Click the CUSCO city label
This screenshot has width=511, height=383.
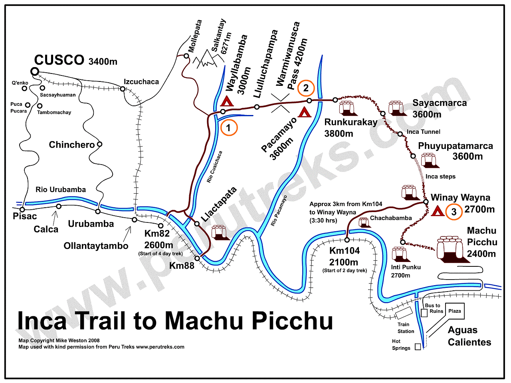pos(59,60)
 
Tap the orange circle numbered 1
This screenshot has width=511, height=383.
pos(229,128)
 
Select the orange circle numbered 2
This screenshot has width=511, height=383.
pos(306,88)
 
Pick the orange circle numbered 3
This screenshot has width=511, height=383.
pos(454,212)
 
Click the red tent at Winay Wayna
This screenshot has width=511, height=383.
pos(438,210)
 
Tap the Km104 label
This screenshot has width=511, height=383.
pos(345,251)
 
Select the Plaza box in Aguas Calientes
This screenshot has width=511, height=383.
pos(455,311)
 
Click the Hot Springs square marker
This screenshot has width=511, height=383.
pos(418,347)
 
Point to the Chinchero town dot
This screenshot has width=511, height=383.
pos(99,144)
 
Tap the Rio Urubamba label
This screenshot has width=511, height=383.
pos(61,190)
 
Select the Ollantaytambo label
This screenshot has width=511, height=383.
pos(96,246)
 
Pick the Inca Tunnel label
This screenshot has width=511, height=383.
pos(424,132)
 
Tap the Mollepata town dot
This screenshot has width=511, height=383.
pos(186,56)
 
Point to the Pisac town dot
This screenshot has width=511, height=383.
pos(22,209)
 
